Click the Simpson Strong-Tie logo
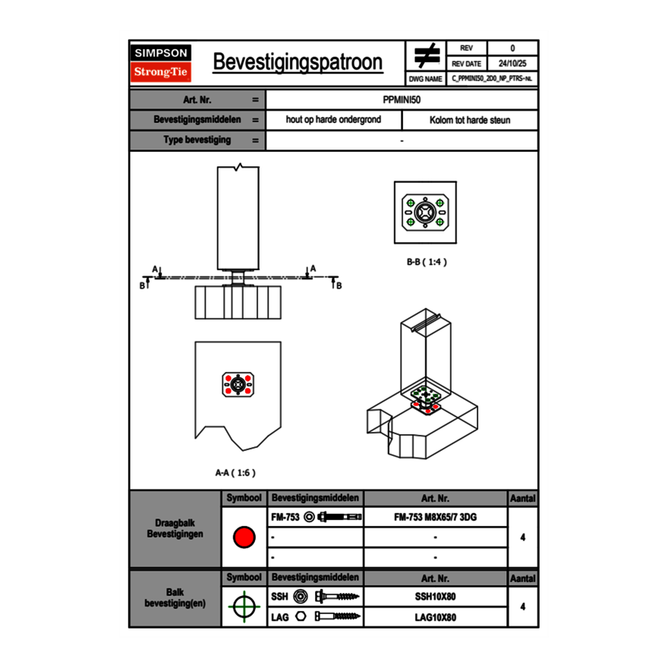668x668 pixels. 161,63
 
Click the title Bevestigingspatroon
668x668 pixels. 298,62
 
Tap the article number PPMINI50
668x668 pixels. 402,99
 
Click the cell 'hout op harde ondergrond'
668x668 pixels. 333,120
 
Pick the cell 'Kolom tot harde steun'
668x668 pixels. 470,120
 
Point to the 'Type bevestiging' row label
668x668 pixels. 197,140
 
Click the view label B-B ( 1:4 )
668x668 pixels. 426,262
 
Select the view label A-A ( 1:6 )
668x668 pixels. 235,472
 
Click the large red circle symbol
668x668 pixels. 244,537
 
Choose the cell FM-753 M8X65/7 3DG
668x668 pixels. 435,517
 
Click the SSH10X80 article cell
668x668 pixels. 435,597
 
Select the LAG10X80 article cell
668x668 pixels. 435,617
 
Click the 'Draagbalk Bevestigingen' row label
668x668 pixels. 175,529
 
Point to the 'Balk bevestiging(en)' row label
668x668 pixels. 175,597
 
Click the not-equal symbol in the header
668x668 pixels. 426,56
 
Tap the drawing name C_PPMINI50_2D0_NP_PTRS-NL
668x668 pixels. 492,78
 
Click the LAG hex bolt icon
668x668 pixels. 334,617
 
